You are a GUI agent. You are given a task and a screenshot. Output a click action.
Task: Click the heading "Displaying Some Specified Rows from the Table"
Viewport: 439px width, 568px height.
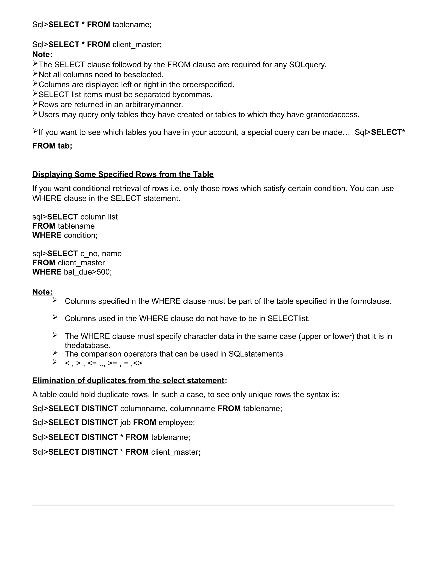click(x=123, y=174)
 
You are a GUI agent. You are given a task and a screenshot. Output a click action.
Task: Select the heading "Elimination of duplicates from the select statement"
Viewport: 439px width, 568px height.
click(x=128, y=380)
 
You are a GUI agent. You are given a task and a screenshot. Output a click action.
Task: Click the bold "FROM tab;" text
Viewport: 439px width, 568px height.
click(x=52, y=146)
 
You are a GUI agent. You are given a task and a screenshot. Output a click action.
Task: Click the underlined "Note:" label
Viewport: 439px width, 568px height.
click(x=42, y=292)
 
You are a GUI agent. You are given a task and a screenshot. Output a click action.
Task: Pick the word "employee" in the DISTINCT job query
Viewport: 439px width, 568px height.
click(x=176, y=422)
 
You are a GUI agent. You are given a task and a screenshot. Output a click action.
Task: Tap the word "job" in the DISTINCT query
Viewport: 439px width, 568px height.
click(x=125, y=422)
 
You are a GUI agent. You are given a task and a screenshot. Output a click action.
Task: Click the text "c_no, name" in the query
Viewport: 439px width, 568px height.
click(x=101, y=254)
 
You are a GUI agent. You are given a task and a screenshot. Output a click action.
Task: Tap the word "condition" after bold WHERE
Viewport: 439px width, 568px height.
click(x=80, y=235)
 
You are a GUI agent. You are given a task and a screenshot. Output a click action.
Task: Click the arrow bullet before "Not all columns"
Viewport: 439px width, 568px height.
click(x=35, y=74)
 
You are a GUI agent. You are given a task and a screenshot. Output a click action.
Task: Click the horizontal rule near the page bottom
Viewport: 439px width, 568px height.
click(x=213, y=505)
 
